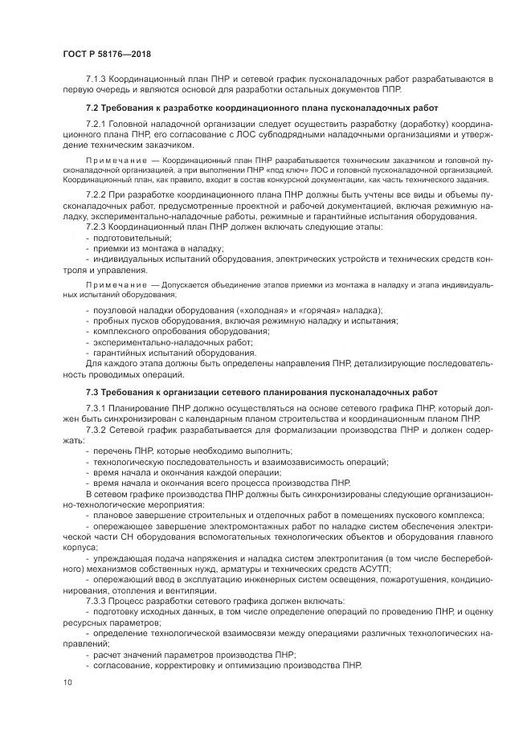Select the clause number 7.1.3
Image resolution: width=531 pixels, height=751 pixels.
pos(96,80)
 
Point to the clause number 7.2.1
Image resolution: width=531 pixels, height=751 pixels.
pos(96,125)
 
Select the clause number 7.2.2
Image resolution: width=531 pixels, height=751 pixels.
pos(96,195)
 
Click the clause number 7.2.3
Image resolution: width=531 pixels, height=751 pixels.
pos(96,227)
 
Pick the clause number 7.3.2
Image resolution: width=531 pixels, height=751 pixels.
pos(96,430)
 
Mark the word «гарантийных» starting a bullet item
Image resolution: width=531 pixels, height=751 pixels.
pos(122,352)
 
